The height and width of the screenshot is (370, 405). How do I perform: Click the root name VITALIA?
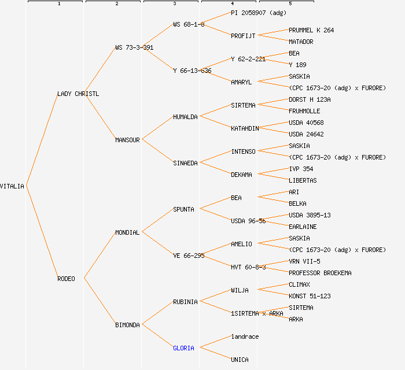(x=12, y=186)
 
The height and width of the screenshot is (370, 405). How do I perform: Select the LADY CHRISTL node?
(x=78, y=94)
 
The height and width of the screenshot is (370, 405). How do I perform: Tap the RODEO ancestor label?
(x=66, y=279)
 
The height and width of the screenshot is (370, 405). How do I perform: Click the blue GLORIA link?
(x=183, y=348)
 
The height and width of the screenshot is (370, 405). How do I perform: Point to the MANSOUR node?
(x=127, y=140)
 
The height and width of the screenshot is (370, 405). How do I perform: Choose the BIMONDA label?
(x=127, y=325)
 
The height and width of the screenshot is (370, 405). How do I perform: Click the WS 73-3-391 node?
(x=134, y=47)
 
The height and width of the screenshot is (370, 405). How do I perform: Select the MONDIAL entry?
(x=127, y=232)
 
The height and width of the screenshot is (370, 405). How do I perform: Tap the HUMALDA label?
(x=185, y=117)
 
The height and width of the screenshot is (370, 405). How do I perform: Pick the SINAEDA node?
(x=185, y=163)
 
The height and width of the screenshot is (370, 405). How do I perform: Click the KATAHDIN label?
(x=245, y=128)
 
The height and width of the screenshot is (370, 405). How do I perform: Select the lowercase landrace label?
(x=245, y=336)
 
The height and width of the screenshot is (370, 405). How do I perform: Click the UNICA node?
(x=240, y=360)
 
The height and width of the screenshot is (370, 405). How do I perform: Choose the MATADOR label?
(x=301, y=42)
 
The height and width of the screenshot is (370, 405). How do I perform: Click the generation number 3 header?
(x=174, y=4)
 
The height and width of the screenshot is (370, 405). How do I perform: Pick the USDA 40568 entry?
(x=306, y=123)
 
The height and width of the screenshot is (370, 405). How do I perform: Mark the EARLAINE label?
(x=303, y=227)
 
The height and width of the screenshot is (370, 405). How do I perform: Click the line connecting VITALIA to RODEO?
(x=42, y=232)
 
